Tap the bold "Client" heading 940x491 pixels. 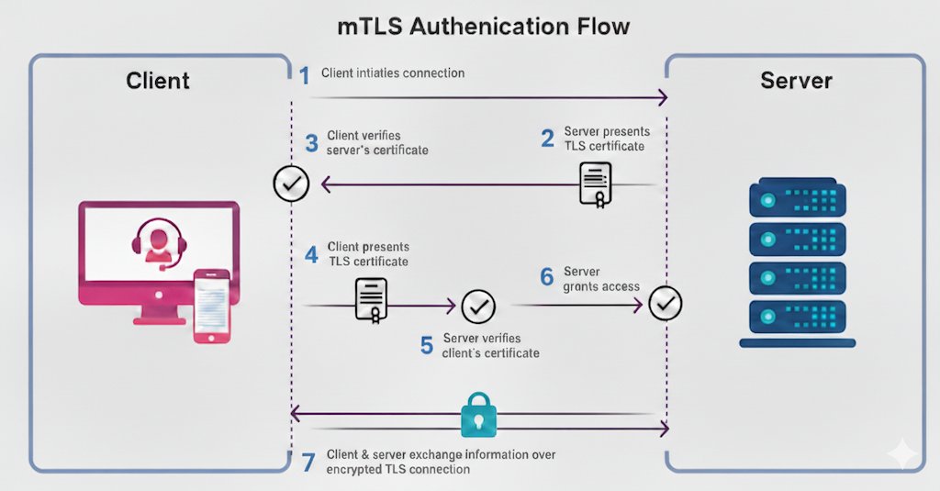click(158, 81)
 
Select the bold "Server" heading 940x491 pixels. click(796, 81)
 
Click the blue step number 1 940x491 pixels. click(305, 75)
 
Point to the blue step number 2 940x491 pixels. click(548, 139)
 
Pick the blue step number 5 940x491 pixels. click(427, 346)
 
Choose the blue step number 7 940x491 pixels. click(308, 462)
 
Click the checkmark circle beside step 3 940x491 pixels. click(291, 184)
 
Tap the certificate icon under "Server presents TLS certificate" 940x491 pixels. click(596, 184)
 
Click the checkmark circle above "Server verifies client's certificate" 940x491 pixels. click(477, 307)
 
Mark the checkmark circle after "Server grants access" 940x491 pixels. click(665, 303)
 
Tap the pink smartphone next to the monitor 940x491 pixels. click(211, 307)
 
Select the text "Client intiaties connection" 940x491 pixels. click(393, 73)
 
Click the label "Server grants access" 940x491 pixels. click(601, 279)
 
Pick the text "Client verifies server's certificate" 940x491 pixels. click(376, 142)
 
